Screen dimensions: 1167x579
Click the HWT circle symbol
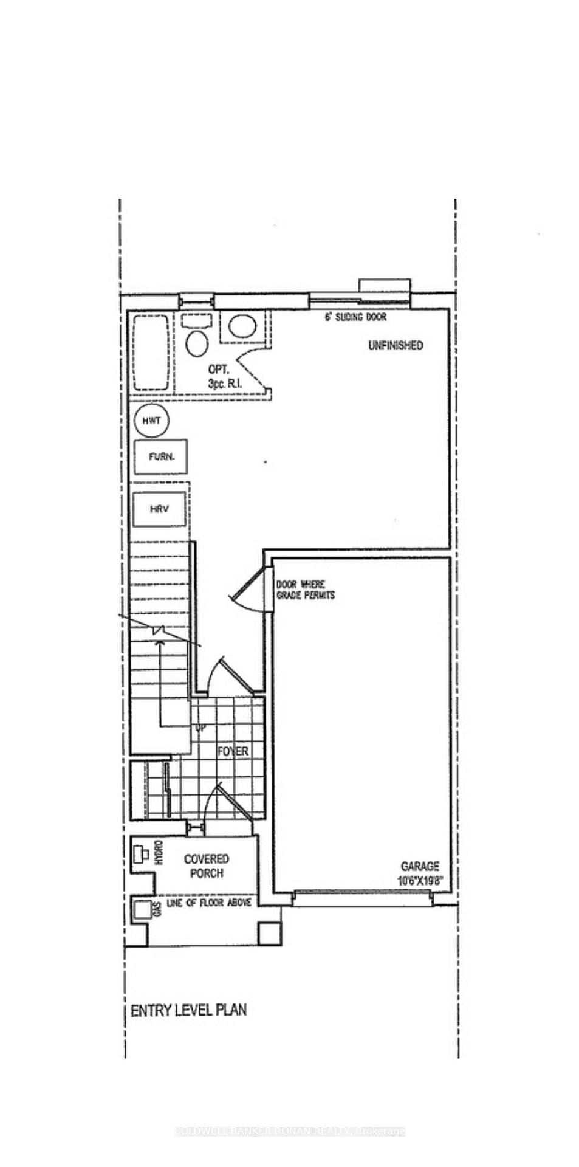[x=151, y=421]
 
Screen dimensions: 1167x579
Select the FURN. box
[x=161, y=456]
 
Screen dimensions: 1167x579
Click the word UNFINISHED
[x=396, y=345]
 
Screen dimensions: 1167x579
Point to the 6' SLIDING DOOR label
[x=355, y=317]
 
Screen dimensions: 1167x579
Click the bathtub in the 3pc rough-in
[x=151, y=353]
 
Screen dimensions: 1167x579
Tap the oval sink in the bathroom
[x=242, y=326]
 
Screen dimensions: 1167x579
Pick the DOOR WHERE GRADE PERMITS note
[x=306, y=590]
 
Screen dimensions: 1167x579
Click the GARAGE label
[x=420, y=867]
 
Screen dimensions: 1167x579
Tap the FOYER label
[x=233, y=751]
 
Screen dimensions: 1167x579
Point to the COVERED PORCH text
[x=207, y=866]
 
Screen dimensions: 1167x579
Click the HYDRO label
[x=158, y=853]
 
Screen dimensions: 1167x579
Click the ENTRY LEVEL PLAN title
[x=189, y=1010]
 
